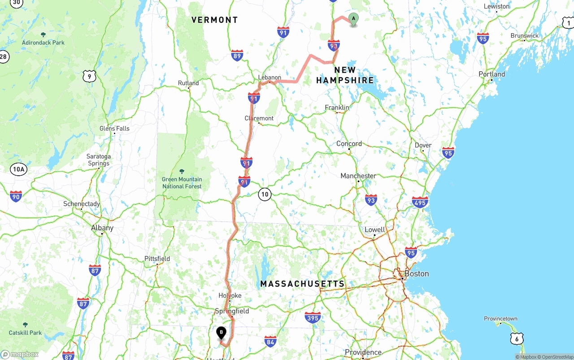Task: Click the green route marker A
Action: [x=353, y=19]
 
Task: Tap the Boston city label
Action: [x=417, y=273]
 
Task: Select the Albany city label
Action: [x=102, y=228]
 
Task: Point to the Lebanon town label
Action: [x=270, y=78]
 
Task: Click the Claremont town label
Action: [x=259, y=118]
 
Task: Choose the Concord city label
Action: [x=349, y=143]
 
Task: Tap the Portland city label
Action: [x=491, y=74]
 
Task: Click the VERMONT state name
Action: [x=214, y=20]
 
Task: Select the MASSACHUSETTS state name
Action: [x=303, y=284]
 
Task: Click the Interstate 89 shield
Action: [x=238, y=56]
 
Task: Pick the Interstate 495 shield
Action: [x=420, y=202]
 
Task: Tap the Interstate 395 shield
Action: [x=313, y=318]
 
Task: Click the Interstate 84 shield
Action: [x=270, y=341]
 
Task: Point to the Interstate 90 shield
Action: [x=16, y=196]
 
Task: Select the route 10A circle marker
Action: [x=19, y=169]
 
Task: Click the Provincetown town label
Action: [x=500, y=319]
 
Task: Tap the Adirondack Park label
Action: [x=43, y=43]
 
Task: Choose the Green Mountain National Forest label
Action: [x=182, y=183]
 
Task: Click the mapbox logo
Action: [x=20, y=354]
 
